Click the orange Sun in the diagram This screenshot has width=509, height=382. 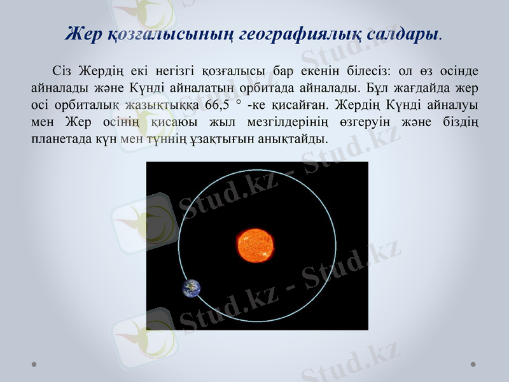pyautogui.click(x=256, y=245)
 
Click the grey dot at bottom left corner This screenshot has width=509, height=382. pyautogui.click(x=34, y=365)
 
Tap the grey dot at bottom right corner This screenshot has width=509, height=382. pyautogui.click(x=473, y=365)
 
